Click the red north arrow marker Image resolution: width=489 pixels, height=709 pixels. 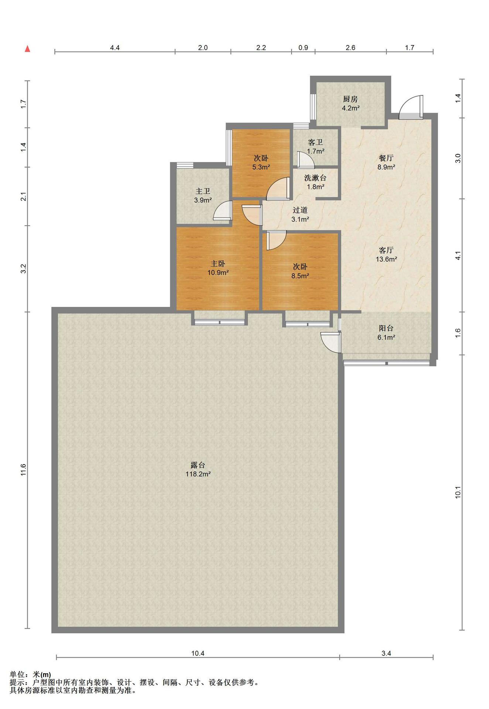coord(27,49)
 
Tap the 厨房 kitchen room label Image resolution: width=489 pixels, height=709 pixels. coord(350,99)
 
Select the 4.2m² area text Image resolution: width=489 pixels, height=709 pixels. coord(350,108)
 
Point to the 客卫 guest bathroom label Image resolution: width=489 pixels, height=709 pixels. coord(315,142)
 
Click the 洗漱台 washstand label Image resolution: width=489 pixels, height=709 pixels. coord(315,178)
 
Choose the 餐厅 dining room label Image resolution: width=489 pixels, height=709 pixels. coord(386,158)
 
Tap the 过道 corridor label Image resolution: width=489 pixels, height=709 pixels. coord(300,210)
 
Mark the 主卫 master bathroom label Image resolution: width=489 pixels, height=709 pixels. coord(203,191)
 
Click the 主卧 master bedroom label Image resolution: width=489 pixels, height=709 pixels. coord(218,264)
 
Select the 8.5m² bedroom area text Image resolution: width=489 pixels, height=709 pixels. coord(300,275)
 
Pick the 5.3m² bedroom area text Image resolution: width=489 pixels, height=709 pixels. coord(261,167)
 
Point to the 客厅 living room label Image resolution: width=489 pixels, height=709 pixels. coord(386,250)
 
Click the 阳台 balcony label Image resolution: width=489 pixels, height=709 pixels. coord(386,328)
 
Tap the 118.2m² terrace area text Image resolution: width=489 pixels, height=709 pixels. coord(198,474)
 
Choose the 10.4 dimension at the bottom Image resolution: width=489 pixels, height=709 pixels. coord(198,653)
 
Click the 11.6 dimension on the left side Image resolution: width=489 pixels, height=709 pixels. coord(23,470)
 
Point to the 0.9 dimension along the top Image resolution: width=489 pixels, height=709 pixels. coord(303,48)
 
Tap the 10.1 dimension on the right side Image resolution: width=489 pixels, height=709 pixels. coord(458,493)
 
